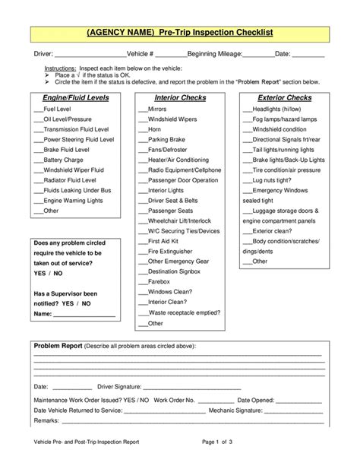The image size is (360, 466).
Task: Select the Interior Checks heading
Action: coord(181,98)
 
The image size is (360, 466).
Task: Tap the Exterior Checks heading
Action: coord(285,98)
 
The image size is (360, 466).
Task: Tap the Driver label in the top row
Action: coord(43,55)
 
